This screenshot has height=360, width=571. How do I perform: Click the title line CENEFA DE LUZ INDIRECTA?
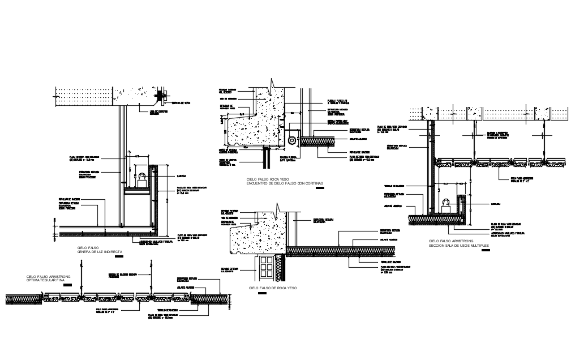tap(98, 251)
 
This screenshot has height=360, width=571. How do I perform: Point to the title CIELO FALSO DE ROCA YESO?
tap(273, 288)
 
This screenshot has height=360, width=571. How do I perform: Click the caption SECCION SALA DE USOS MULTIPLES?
tap(458, 245)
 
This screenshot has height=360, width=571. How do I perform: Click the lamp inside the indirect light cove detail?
tap(142, 180)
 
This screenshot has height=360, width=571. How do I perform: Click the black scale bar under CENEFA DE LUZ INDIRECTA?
tap(118, 258)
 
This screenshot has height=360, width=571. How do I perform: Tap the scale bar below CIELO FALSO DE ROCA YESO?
tap(261, 294)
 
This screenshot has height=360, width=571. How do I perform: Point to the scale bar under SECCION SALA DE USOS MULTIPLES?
tap(484, 251)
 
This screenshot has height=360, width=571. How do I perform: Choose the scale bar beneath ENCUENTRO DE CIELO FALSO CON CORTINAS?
tap(319, 188)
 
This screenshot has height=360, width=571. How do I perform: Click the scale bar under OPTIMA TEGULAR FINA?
tap(67, 285)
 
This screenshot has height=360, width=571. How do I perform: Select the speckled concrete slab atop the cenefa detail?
tap(136, 96)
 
